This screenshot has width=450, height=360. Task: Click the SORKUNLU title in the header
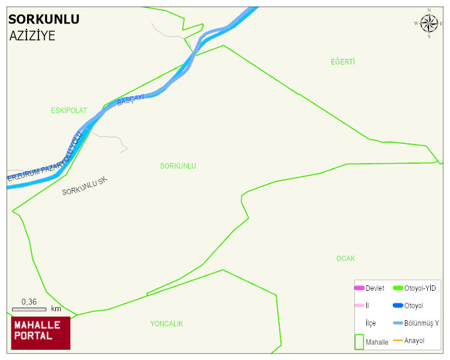(x=44, y=19)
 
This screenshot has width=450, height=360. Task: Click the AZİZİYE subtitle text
(x=32, y=36)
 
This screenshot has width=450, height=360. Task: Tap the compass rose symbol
(x=429, y=23)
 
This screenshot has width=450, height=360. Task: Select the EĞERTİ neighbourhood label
(x=343, y=62)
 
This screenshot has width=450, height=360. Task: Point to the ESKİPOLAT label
(x=69, y=111)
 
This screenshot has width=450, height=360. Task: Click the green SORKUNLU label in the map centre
(x=178, y=166)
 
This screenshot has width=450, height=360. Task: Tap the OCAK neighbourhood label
(x=345, y=259)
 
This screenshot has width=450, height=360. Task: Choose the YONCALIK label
(x=167, y=324)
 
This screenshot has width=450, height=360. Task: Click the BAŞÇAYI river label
(x=131, y=101)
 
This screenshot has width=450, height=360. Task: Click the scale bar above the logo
(x=29, y=309)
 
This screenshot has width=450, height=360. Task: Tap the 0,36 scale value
(x=29, y=302)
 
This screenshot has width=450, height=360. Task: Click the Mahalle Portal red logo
(x=40, y=333)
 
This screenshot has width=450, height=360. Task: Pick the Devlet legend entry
(x=369, y=288)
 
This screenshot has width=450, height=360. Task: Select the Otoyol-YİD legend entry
(x=415, y=288)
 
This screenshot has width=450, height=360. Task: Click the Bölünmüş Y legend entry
(x=416, y=323)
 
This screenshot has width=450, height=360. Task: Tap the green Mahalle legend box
(x=359, y=341)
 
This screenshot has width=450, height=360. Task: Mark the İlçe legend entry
(x=371, y=323)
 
